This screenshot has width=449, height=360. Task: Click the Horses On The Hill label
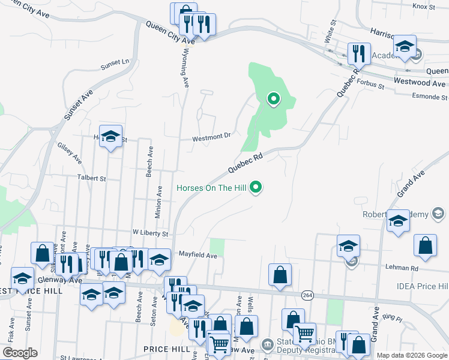click(x=211, y=188)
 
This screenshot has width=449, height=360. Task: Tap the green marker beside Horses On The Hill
click(x=257, y=188)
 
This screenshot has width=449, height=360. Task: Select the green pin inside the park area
click(x=274, y=98)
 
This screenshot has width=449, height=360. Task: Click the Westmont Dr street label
click(x=211, y=137)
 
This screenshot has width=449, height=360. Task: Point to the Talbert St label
click(x=91, y=178)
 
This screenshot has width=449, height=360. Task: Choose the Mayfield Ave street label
click(x=197, y=255)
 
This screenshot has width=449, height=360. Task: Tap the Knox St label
click(x=423, y=6)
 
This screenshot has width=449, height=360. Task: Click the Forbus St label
click(x=372, y=85)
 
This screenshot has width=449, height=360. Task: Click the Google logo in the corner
click(x=20, y=353)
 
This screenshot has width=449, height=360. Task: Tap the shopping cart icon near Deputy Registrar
click(x=304, y=332)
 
